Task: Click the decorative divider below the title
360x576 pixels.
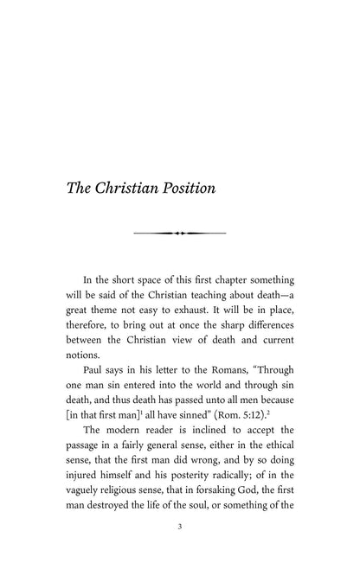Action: [x=179, y=234]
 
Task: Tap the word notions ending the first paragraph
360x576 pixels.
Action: [x=88, y=356]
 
